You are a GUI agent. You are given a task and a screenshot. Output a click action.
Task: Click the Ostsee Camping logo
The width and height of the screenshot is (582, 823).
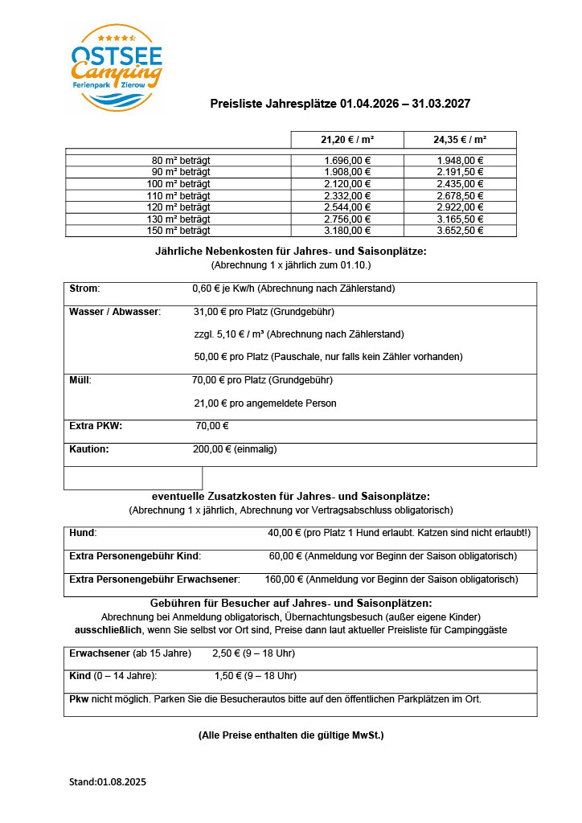[x=117, y=67]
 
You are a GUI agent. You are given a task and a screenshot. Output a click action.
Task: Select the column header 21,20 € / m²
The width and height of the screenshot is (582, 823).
[x=346, y=140]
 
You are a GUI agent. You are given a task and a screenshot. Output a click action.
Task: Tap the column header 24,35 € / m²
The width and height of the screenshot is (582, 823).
[x=459, y=140]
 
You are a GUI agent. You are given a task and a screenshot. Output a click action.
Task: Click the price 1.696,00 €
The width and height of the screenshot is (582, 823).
[x=346, y=160]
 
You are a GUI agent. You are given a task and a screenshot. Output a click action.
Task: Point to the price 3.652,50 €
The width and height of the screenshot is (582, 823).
[x=459, y=231]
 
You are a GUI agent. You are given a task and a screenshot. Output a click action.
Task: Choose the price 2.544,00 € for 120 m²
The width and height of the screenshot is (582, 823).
[x=346, y=207]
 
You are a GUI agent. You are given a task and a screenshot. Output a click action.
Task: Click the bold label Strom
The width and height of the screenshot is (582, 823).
[x=84, y=289]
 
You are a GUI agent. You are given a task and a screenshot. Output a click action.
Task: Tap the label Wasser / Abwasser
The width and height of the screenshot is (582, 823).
[x=115, y=311]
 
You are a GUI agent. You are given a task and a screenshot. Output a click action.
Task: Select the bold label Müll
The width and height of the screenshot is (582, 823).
[x=80, y=380]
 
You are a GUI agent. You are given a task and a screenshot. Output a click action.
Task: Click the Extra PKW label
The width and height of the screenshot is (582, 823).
[x=96, y=426]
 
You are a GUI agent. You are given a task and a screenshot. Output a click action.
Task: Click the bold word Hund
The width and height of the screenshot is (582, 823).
[x=83, y=532]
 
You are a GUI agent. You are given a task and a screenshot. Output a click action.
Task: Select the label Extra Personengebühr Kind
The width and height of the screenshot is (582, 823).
[x=135, y=555]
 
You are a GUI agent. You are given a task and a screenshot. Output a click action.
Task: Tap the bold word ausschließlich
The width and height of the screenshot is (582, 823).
[x=109, y=629]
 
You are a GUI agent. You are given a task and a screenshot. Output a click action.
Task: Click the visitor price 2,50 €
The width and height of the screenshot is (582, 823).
[x=227, y=653]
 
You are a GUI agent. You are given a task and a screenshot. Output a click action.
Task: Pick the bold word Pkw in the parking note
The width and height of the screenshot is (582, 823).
[x=80, y=698]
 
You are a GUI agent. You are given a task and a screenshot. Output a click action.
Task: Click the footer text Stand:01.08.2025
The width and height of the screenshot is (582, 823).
[x=107, y=780]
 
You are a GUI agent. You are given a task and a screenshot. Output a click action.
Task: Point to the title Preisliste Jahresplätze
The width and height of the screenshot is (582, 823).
[x=273, y=104]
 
